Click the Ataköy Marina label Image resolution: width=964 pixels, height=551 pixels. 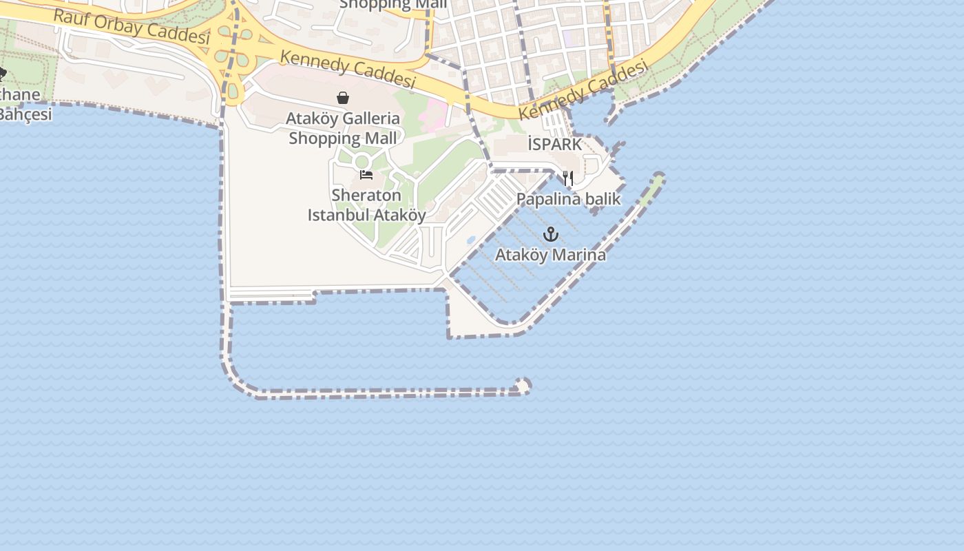(551, 255)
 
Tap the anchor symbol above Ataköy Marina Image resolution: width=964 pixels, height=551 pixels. (550, 234)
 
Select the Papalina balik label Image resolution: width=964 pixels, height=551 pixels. (569, 200)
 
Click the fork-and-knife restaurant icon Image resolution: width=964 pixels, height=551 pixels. (568, 178)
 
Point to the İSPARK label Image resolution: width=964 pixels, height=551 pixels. (555, 145)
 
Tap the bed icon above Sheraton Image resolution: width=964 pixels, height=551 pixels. (366, 175)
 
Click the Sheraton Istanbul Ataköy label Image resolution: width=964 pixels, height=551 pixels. (366, 205)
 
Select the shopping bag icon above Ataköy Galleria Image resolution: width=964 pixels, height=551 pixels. (343, 98)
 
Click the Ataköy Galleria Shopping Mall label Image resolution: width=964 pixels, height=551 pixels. (343, 128)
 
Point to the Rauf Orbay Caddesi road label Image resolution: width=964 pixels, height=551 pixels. (131, 26)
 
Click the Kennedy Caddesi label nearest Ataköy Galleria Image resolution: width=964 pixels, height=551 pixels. (348, 70)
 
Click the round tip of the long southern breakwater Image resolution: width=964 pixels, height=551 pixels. (523, 386)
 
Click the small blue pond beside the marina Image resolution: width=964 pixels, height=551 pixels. (471, 240)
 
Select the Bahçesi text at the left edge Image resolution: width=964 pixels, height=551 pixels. (25, 114)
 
